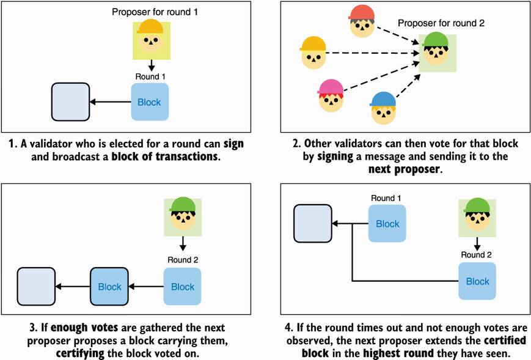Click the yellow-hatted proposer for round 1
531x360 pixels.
pyautogui.click(x=150, y=36)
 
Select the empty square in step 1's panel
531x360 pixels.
pyautogui.click(x=70, y=102)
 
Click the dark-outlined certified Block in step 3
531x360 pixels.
pyautogui.click(x=109, y=286)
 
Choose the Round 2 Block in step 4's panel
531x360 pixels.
pyautogui.click(x=477, y=281)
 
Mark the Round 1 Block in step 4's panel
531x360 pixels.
pyautogui.click(x=387, y=224)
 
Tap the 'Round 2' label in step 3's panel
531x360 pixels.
pyautogui.click(x=182, y=259)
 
